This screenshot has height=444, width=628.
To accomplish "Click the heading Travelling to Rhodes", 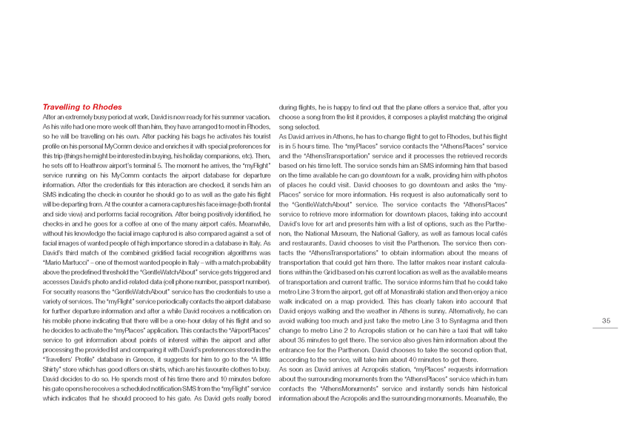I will tap(82, 107).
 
